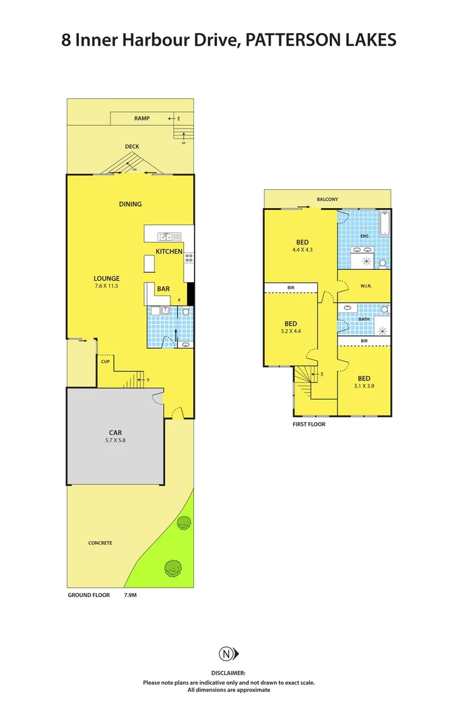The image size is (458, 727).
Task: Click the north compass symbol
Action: tap(228, 654)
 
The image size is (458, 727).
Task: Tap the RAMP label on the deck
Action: tap(141, 118)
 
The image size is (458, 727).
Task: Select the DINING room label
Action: tap(130, 204)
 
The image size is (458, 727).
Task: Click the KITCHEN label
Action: tap(169, 251)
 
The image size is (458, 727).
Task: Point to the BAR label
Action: tap(163, 289)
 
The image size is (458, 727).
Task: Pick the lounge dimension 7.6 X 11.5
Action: tap(106, 286)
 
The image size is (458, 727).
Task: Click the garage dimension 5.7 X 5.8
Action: tap(115, 441)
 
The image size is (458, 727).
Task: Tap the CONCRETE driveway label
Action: tap(100, 543)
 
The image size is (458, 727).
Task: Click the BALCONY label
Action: tap(327, 199)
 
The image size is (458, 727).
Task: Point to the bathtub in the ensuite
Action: tap(385, 223)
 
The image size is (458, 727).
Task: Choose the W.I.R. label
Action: tap(366, 286)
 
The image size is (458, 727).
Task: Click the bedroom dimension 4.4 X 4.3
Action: tap(303, 250)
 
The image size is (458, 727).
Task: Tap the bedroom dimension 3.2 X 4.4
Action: tap(290, 331)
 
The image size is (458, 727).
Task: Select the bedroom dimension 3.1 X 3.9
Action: tap(364, 386)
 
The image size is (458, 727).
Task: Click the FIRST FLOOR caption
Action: tap(309, 425)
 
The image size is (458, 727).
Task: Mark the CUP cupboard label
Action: tap(105, 361)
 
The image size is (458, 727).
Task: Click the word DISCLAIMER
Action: tap(228, 672)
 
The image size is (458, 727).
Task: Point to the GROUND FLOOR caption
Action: tap(89, 595)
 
